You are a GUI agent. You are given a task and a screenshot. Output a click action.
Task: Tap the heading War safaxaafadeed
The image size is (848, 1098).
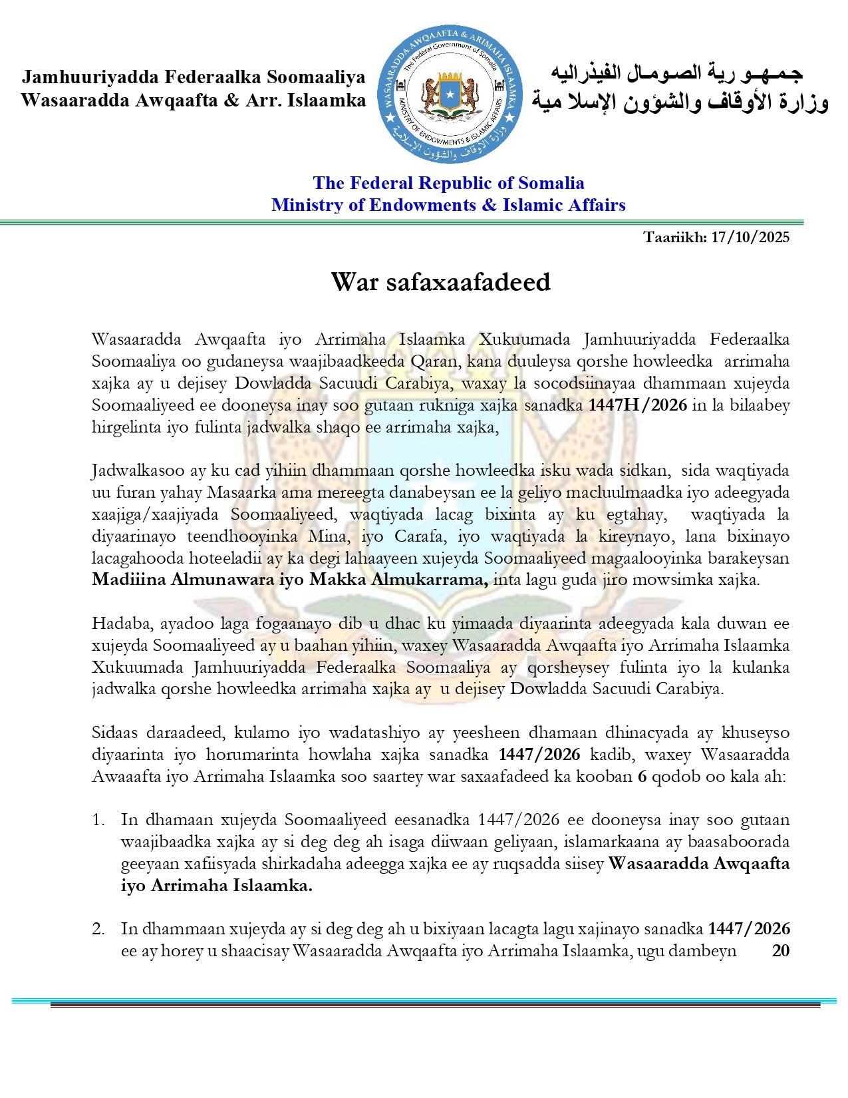pyautogui.click(x=440, y=282)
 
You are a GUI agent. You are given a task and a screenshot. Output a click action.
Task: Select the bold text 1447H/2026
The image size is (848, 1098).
pyautogui.click(x=638, y=405)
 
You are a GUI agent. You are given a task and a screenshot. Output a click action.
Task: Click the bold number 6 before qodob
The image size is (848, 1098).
pyautogui.click(x=642, y=777)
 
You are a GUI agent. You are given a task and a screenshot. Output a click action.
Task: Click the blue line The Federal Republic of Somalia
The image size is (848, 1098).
pyautogui.click(x=448, y=183)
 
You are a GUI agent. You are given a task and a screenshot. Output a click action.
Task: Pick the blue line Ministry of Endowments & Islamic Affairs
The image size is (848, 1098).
pyautogui.click(x=448, y=205)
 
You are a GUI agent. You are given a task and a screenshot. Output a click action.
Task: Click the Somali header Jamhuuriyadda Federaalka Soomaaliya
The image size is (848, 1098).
pyautogui.click(x=194, y=77)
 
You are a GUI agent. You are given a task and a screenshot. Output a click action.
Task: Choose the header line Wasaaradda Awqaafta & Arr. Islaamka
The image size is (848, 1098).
pyautogui.click(x=194, y=100)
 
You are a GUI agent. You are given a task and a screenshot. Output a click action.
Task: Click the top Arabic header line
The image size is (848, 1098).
pyautogui.click(x=677, y=73)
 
